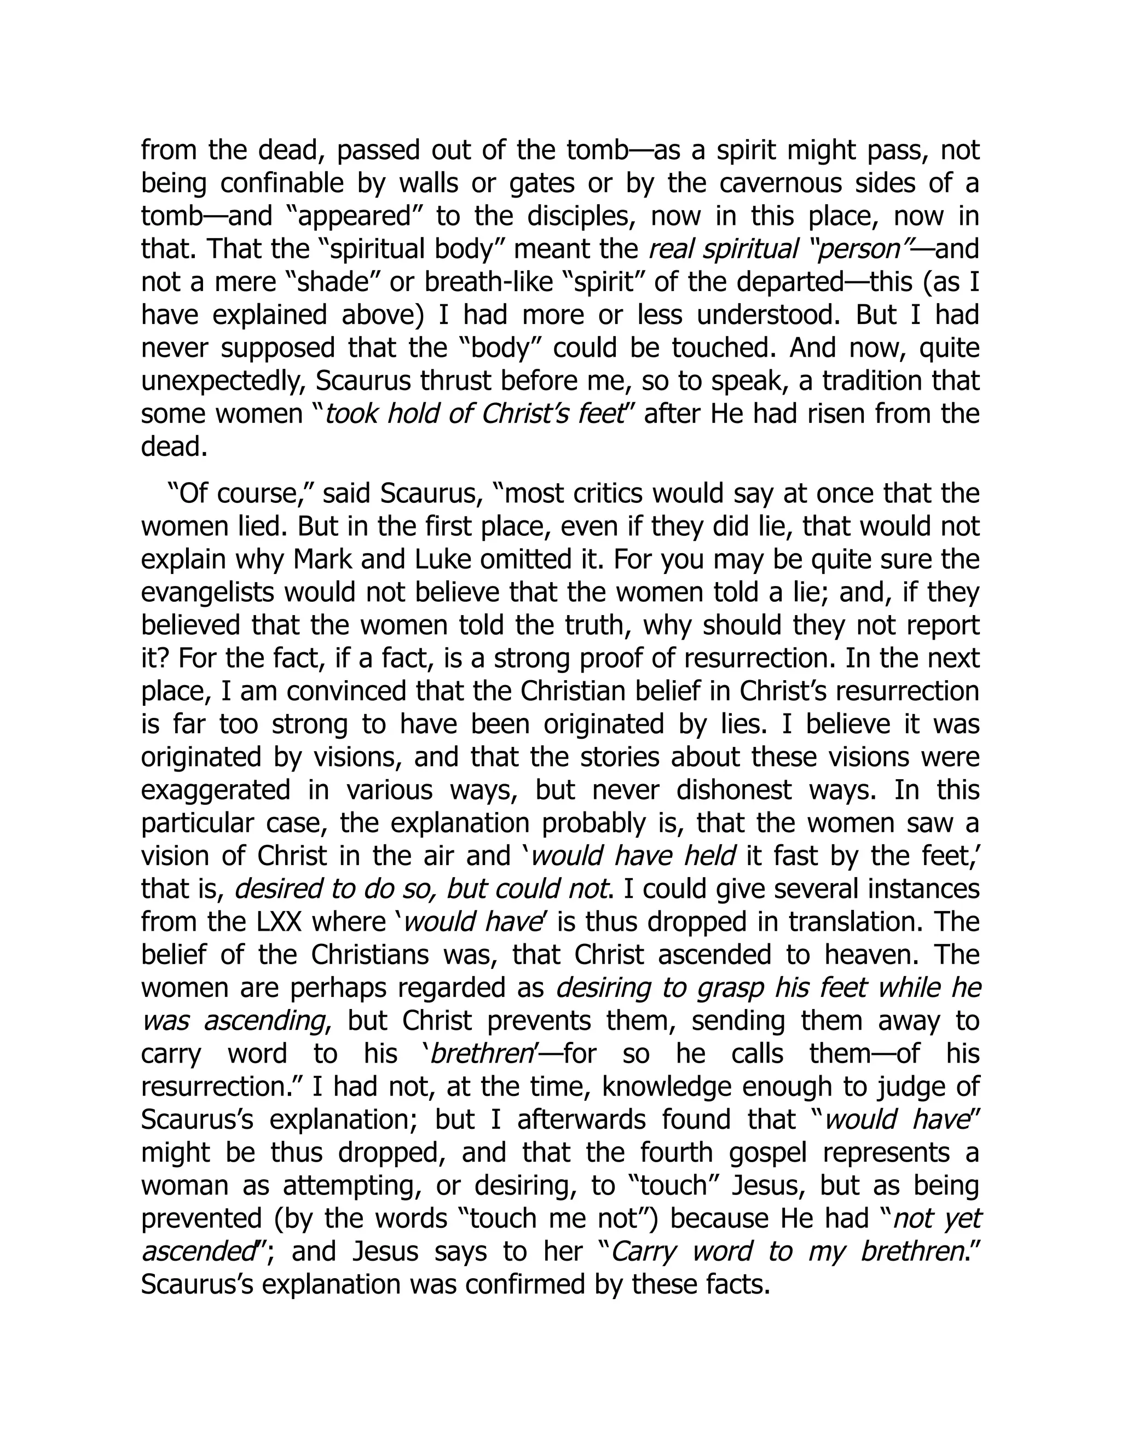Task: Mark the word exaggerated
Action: pos(216,791)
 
